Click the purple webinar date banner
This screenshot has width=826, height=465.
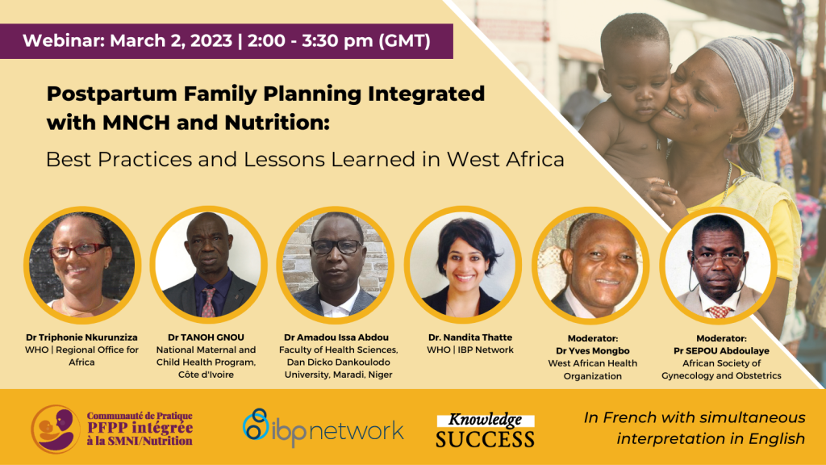[227, 41]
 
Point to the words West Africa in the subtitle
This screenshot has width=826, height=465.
[505, 159]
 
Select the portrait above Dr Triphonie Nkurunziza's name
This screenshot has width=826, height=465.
[82, 265]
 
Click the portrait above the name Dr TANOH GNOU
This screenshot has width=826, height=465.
[209, 265]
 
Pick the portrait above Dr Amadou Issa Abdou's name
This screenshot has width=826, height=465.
[336, 265]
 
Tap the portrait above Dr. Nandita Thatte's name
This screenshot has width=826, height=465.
[463, 265]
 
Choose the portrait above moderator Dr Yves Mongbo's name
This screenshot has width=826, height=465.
[590, 265]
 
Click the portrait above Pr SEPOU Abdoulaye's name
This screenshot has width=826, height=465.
[718, 265]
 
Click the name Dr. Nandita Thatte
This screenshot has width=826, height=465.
[470, 337]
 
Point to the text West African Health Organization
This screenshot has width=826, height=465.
[593, 370]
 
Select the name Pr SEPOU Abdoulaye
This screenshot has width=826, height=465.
[721, 350]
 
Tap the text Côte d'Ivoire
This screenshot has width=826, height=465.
[206, 375]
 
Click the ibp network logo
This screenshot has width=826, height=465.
[323, 427]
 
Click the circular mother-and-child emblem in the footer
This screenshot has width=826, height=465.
[56, 429]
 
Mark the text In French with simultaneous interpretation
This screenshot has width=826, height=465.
[695, 428]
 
